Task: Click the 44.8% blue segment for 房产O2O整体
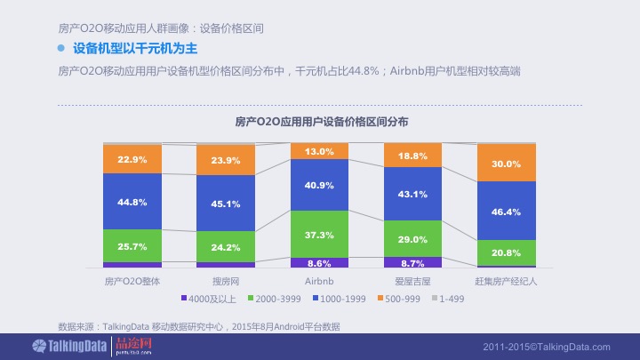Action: click(132, 202)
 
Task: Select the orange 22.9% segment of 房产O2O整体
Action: click(132, 159)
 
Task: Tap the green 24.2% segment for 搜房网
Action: click(226, 246)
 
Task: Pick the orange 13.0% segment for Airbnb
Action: click(319, 152)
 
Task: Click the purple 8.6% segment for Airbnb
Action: click(319, 263)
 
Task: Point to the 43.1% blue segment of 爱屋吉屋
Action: click(412, 194)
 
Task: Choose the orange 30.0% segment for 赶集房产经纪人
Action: click(506, 164)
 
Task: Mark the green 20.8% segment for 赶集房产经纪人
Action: click(506, 252)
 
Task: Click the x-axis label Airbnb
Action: click(319, 281)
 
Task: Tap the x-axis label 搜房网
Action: click(226, 281)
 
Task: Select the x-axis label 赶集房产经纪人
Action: click(506, 281)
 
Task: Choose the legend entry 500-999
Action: click(404, 299)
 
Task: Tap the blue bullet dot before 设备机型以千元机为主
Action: click(62, 48)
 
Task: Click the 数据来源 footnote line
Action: click(198, 327)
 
